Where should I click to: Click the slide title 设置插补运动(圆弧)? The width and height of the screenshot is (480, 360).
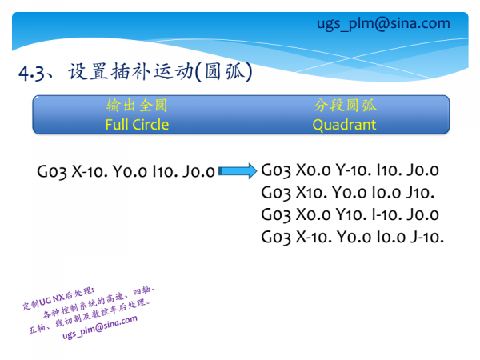pyautogui.click(x=161, y=73)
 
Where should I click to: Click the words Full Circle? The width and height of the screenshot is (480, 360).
pyautogui.click(x=137, y=125)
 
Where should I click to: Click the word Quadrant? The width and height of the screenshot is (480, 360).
pyautogui.click(x=344, y=125)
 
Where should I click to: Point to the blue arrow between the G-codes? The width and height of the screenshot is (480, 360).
pyautogui.click(x=238, y=170)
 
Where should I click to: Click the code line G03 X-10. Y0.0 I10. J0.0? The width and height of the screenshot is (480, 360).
pyautogui.click(x=126, y=171)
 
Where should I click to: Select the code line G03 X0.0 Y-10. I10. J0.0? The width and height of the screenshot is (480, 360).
pyautogui.click(x=350, y=170)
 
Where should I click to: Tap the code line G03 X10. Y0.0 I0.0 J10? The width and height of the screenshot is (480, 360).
pyautogui.click(x=347, y=193)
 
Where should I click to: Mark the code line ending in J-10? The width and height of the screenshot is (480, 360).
pyautogui.click(x=352, y=238)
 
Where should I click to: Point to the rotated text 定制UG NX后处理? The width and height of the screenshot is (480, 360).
pyautogui.click(x=58, y=297)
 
